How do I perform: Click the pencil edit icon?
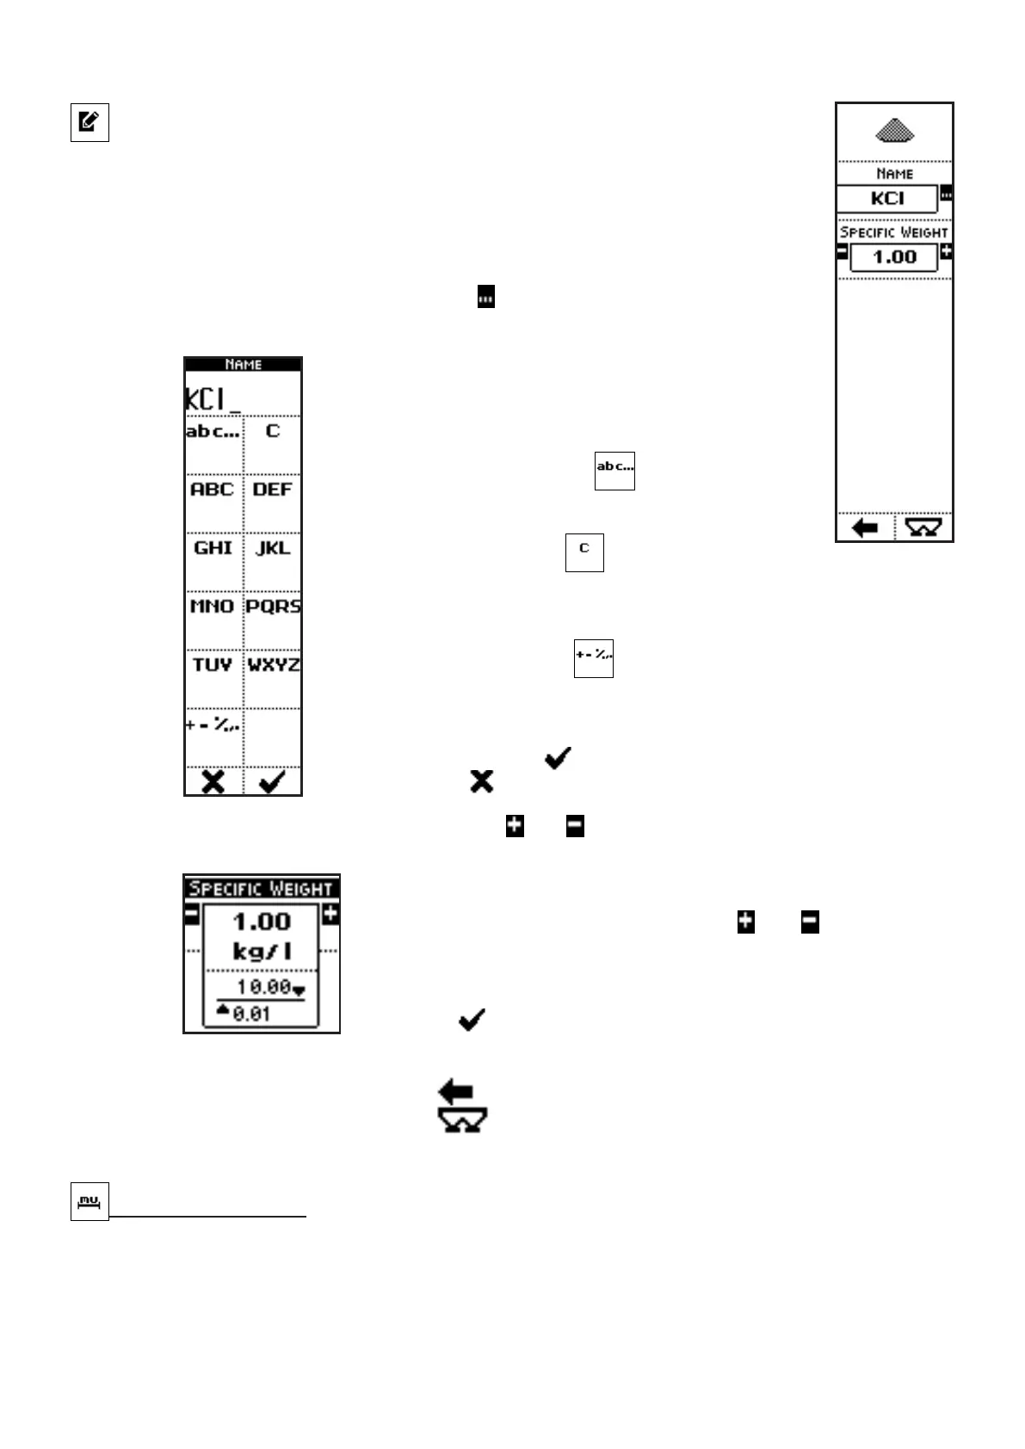[90, 122]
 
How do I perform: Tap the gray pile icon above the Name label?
[894, 131]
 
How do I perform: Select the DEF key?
[273, 490]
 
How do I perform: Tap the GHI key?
[213, 548]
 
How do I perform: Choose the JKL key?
[273, 548]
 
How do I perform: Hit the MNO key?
[213, 607]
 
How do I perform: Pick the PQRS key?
[273, 607]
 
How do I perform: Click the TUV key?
[213, 665]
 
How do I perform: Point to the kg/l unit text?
[262, 952]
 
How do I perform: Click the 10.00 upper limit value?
[263, 987]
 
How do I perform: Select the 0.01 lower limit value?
[251, 1014]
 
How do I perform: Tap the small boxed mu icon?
[90, 1201]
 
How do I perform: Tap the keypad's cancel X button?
[213, 782]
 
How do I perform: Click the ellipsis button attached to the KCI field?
[946, 194]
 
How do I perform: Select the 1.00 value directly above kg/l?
[262, 922]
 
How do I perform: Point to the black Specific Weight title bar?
[261, 888]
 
